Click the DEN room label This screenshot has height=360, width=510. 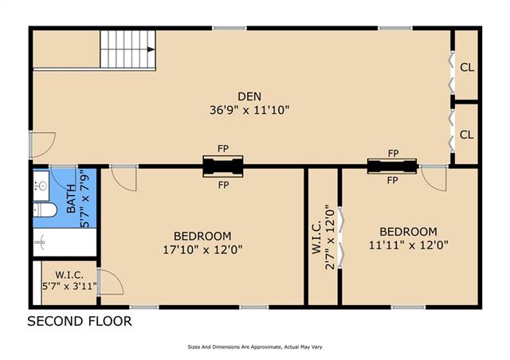click(249, 96)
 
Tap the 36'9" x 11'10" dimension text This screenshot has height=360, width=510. click(249, 110)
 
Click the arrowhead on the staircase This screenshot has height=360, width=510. click(151, 49)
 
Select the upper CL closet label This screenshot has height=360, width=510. click(467, 68)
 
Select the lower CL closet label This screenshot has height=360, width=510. click(467, 135)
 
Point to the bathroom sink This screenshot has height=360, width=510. click(41, 186)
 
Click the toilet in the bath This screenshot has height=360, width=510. click(45, 210)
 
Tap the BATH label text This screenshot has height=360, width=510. click(71, 198)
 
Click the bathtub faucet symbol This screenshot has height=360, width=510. click(40, 242)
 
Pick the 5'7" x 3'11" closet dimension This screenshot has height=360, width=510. click(69, 287)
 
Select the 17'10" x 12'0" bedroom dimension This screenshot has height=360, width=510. click(202, 250)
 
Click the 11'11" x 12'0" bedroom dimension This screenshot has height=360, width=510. click(409, 245)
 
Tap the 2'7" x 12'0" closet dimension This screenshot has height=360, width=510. click(330, 237)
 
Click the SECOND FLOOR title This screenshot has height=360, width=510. click(80, 321)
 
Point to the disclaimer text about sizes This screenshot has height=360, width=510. click(255, 347)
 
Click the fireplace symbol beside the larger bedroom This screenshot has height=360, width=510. click(223, 166)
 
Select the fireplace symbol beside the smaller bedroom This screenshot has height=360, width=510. click(392, 166)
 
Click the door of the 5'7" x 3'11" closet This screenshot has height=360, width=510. click(111, 282)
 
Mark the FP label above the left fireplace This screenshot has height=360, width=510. click(223, 149)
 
